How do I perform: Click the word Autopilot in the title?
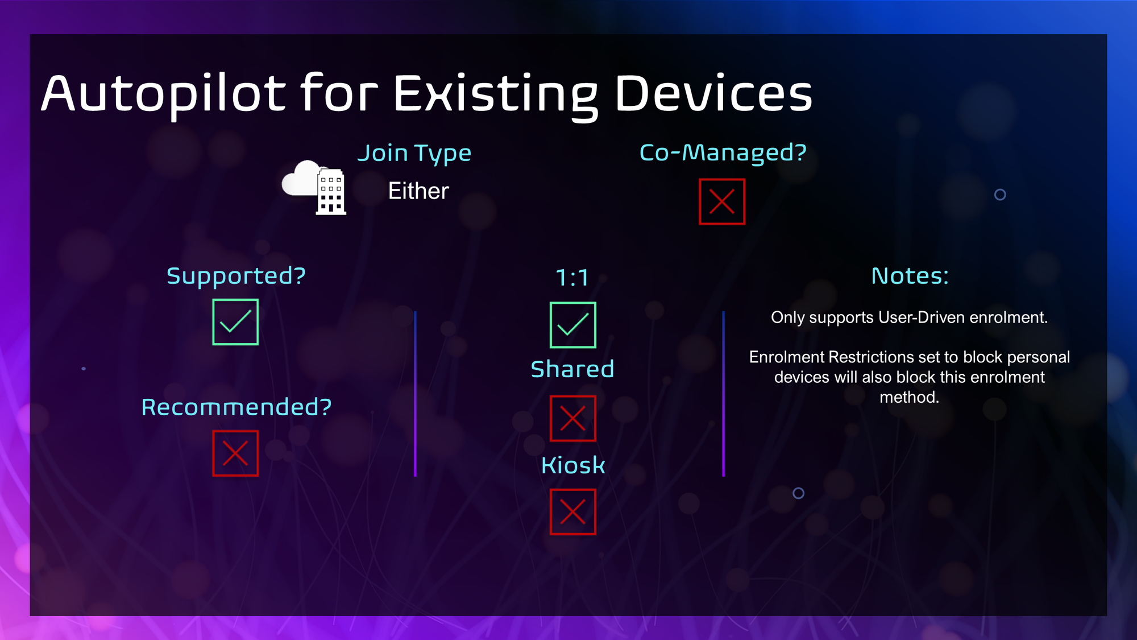(163, 93)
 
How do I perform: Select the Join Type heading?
(414, 154)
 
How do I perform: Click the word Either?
(418, 191)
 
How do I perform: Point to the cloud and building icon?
(314, 187)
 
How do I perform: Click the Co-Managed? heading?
(723, 152)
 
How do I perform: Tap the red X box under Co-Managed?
(722, 202)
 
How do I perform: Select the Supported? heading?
(236, 276)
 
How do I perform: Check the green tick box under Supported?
(235, 322)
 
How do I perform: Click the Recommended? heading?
(236, 407)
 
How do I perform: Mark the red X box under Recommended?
(235, 453)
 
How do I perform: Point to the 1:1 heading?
(572, 278)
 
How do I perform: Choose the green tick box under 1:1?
(573, 325)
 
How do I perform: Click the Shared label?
(572, 369)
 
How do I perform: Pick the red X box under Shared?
(573, 419)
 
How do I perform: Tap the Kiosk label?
(573, 465)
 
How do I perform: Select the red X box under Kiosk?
(573, 512)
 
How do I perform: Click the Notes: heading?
(910, 276)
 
